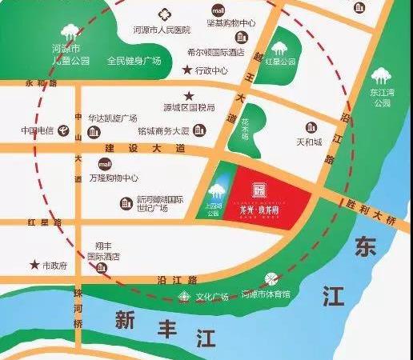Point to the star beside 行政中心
(188, 70)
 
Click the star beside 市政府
(34, 264)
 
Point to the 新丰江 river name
(147, 324)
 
